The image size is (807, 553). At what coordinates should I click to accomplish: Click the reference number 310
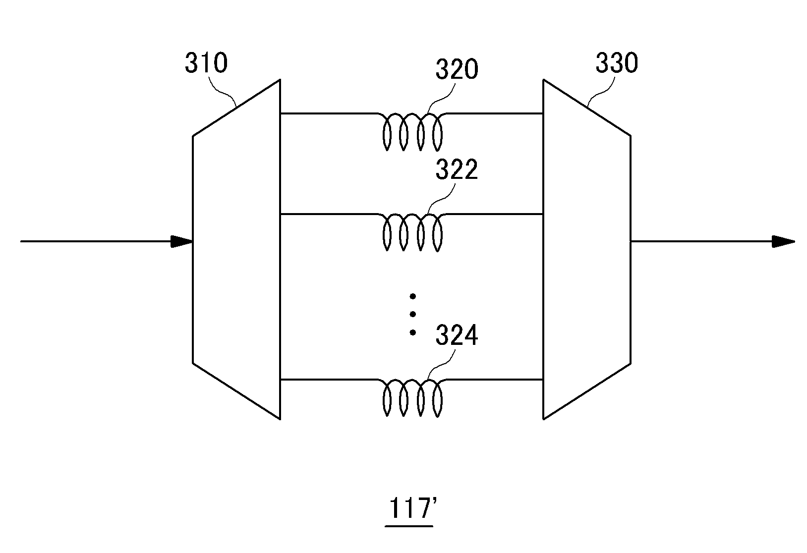pyautogui.click(x=206, y=63)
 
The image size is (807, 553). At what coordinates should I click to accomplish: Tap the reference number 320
pyautogui.click(x=457, y=69)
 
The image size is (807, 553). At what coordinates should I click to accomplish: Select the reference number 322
pyautogui.click(x=457, y=169)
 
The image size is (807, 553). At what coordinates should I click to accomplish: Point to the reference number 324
pyautogui.click(x=457, y=335)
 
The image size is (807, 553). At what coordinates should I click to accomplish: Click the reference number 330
pyautogui.click(x=617, y=63)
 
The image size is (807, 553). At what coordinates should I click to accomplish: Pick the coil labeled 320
pyautogui.click(x=412, y=132)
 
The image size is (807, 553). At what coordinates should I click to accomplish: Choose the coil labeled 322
pyautogui.click(x=412, y=232)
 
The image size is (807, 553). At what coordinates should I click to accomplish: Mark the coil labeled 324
pyautogui.click(x=412, y=398)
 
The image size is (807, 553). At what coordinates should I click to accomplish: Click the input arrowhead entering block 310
pyautogui.click(x=181, y=242)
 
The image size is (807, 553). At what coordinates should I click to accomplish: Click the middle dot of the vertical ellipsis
pyautogui.click(x=413, y=314)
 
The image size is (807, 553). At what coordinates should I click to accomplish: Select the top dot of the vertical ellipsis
pyautogui.click(x=413, y=296)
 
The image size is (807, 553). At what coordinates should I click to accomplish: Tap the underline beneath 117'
pyautogui.click(x=409, y=526)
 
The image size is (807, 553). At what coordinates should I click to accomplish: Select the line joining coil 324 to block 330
pyautogui.click(x=494, y=380)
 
